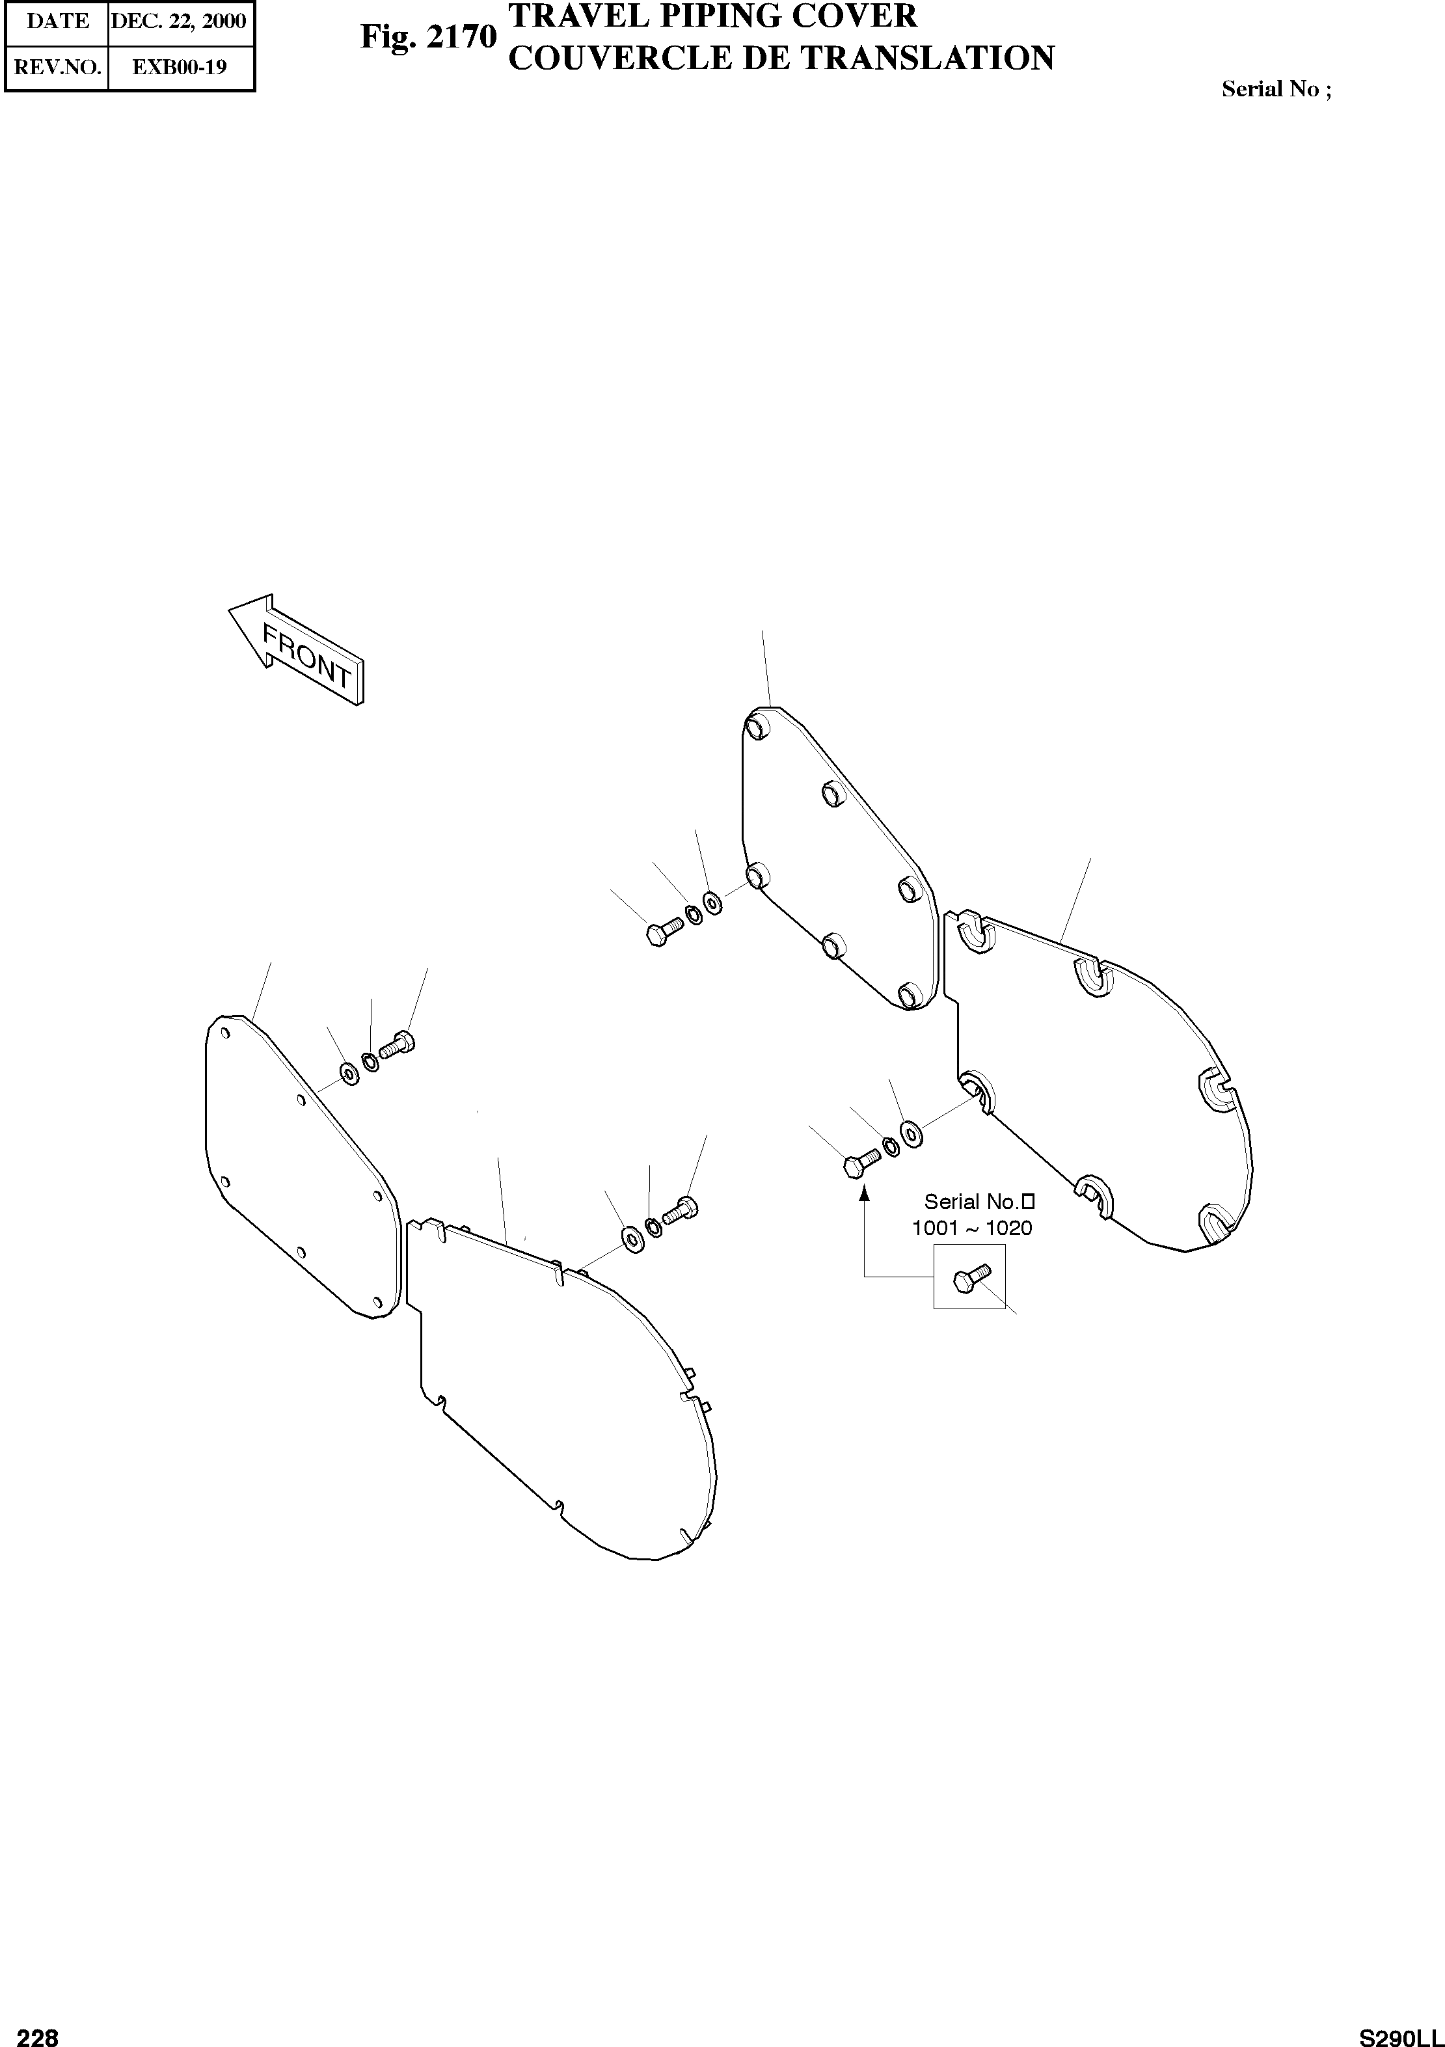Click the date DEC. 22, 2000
coord(178,21)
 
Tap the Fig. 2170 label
coord(428,38)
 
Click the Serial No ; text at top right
coord(1276,89)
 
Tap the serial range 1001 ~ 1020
coord(971,1228)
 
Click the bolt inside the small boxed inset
coord(970,1279)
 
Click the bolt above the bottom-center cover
coord(682,1212)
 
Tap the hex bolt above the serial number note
coord(860,1163)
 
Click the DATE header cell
coord(57,21)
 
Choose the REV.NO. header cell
coord(57,68)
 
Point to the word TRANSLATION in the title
coord(928,59)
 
